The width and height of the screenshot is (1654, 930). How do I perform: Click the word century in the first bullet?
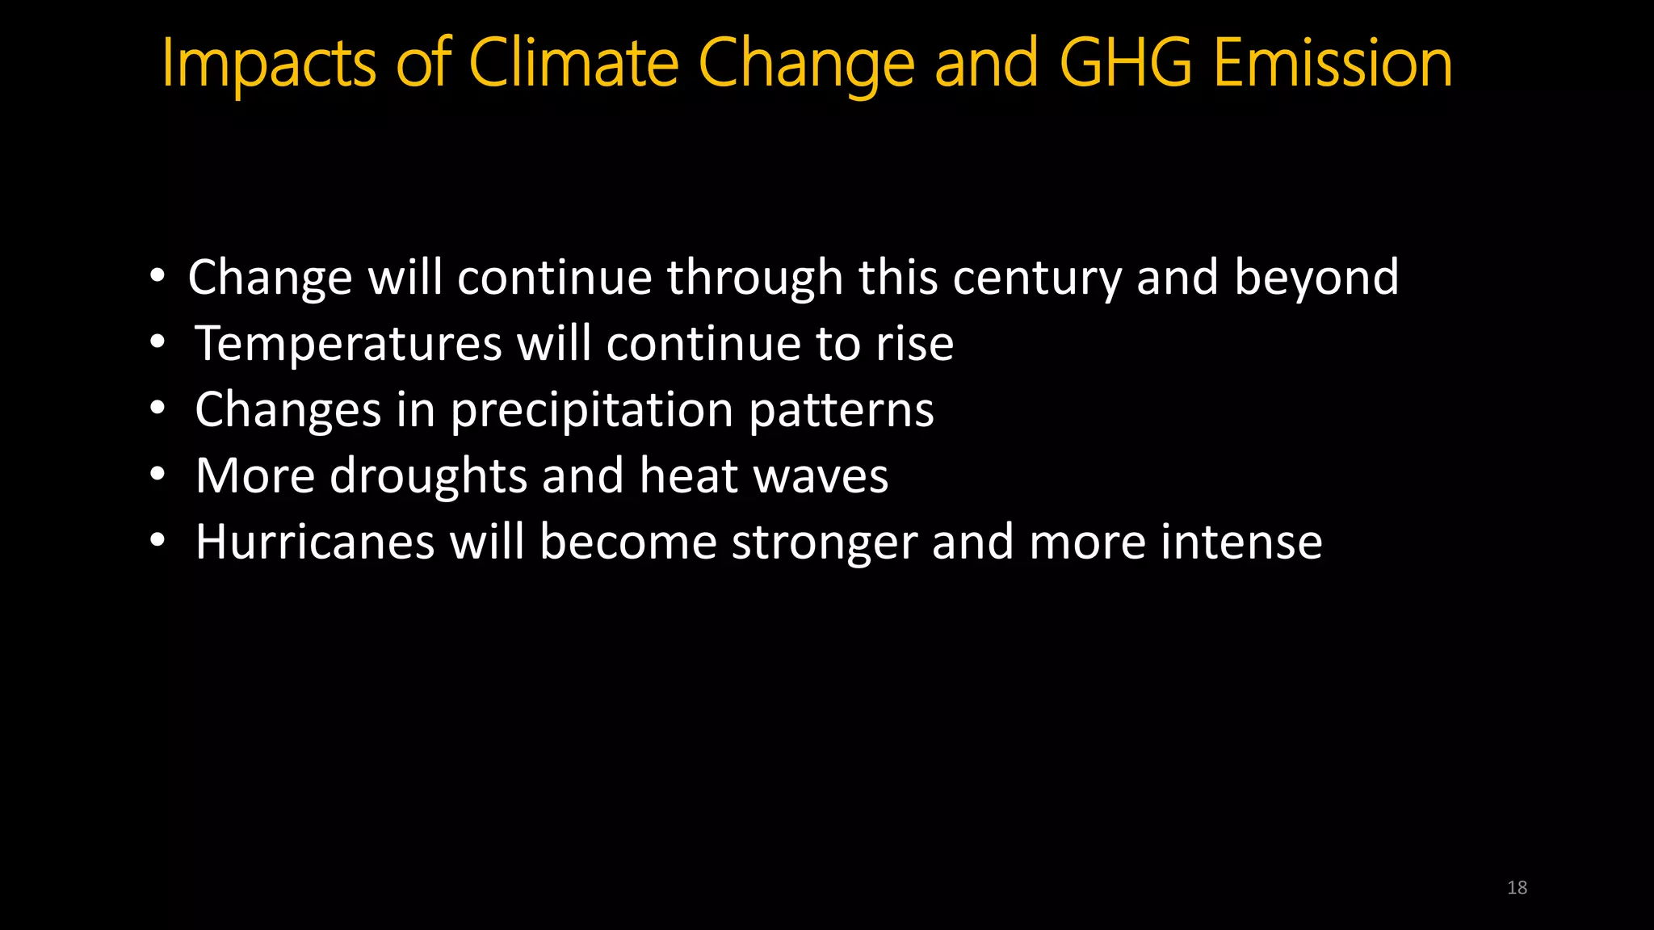click(1037, 279)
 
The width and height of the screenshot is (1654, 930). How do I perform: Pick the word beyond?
click(1316, 279)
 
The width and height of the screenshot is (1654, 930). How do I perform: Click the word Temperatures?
click(349, 345)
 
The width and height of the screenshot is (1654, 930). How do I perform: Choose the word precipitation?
click(592, 411)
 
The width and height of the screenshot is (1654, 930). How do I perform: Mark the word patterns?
click(842, 411)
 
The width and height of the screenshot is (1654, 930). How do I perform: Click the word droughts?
click(429, 476)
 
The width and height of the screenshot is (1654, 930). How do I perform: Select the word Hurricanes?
click(315, 542)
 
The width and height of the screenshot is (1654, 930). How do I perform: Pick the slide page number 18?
click(1517, 888)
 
